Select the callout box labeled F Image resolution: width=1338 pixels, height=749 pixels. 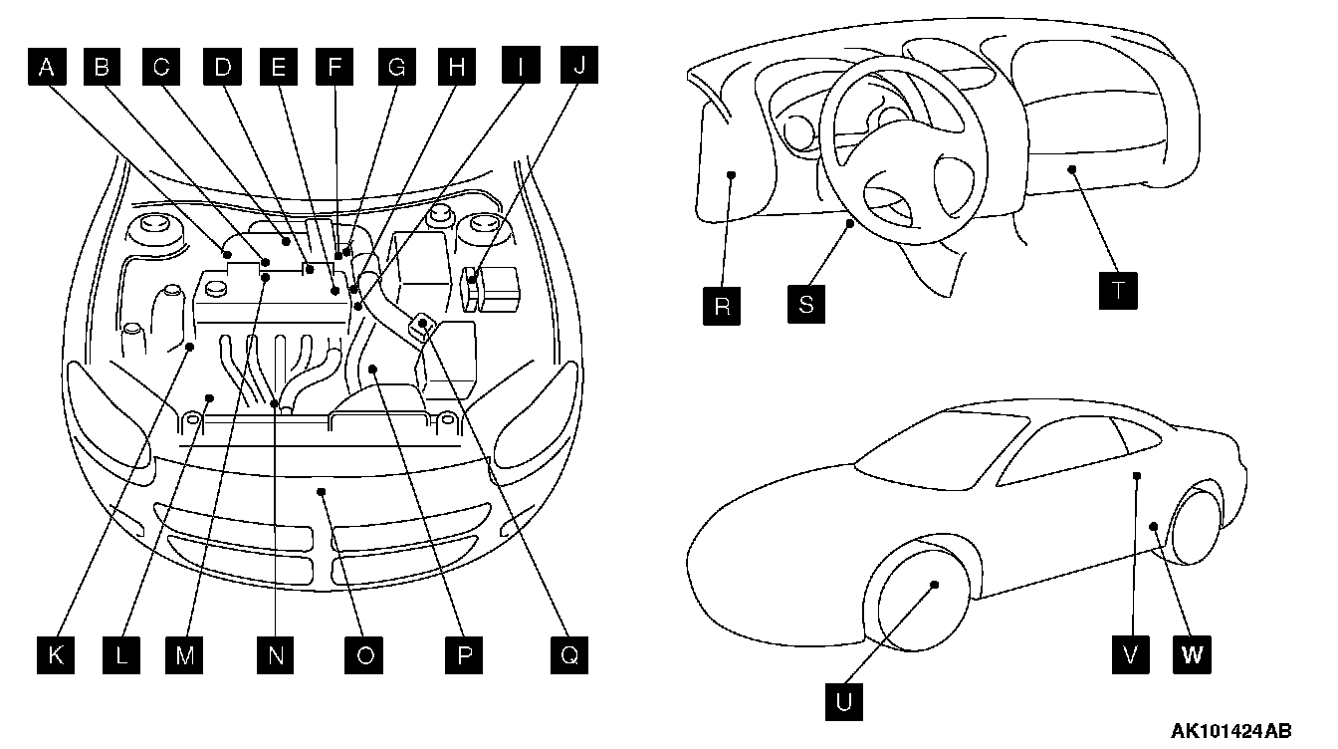point(334,68)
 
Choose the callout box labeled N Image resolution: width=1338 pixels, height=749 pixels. point(276,654)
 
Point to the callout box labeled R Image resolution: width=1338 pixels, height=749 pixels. point(722,306)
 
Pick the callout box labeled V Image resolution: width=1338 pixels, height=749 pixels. point(1131,654)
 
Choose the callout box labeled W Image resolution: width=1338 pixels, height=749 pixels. point(1193,654)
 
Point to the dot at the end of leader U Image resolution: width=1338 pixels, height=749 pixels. point(936,585)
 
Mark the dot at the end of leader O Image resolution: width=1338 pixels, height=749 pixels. point(321,489)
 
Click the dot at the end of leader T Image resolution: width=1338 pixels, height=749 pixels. point(1072,169)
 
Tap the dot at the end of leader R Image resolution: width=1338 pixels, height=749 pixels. point(732,174)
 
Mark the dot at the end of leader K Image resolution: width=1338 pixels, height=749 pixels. point(189,346)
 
